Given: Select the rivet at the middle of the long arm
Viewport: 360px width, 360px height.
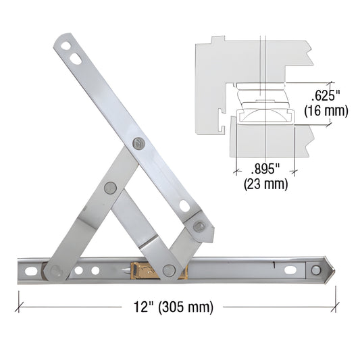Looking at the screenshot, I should pyautogui.click(x=139, y=144).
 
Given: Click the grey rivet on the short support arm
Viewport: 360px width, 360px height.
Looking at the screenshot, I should pyautogui.click(x=110, y=189).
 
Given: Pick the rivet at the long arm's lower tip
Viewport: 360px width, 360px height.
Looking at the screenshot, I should pyautogui.click(x=199, y=226).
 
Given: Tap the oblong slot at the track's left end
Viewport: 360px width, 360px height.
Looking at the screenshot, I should pyautogui.click(x=29, y=271).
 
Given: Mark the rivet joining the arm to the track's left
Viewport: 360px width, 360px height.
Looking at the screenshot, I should pyautogui.click(x=55, y=271).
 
